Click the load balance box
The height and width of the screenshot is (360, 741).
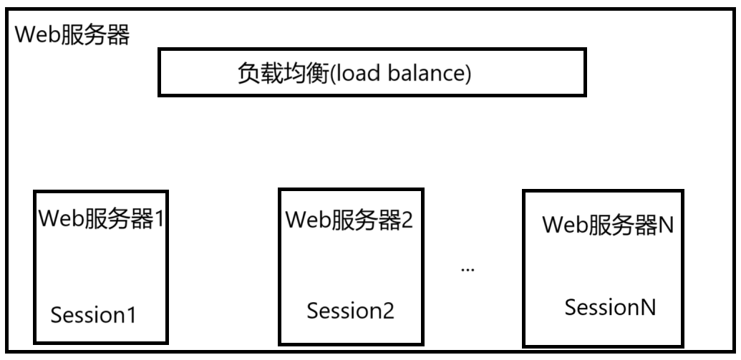tap(372, 72)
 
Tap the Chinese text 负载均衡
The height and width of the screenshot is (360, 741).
tap(282, 74)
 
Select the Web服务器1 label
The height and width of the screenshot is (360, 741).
tap(102, 218)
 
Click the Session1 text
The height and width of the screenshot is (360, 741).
tap(93, 315)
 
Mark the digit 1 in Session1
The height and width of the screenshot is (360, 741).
tap(130, 315)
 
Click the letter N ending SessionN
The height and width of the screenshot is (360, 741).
tap(647, 308)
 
